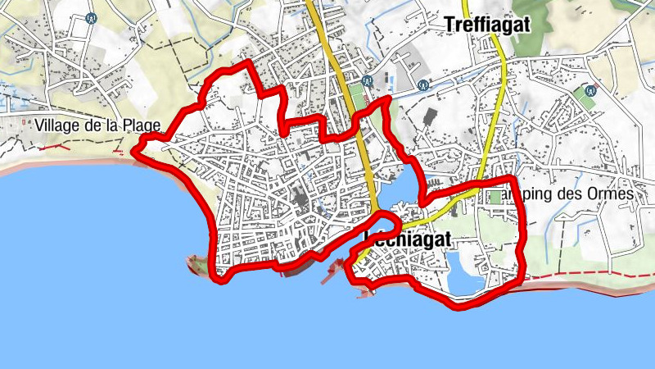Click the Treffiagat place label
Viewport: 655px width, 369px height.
tap(487, 25)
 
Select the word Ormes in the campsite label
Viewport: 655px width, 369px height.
tap(612, 195)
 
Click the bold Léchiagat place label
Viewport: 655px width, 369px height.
tap(407, 240)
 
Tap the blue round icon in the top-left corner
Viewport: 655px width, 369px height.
tap(91, 17)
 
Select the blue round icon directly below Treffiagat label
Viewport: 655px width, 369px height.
tap(423, 84)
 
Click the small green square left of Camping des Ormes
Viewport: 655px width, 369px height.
tap(493, 197)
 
